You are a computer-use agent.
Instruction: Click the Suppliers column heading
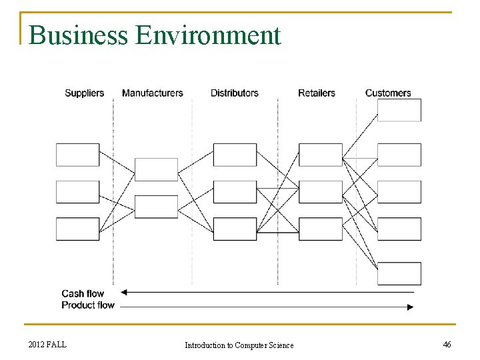click(x=84, y=93)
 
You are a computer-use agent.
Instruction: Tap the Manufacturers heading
click(x=152, y=93)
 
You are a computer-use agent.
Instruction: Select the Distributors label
click(x=234, y=93)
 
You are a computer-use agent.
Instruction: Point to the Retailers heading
click(x=316, y=93)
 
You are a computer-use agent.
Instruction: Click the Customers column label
click(x=388, y=93)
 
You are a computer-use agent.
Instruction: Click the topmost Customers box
click(x=399, y=110)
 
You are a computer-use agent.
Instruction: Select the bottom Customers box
click(x=399, y=273)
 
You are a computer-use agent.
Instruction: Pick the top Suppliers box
click(x=77, y=155)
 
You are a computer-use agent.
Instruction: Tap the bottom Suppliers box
click(x=77, y=229)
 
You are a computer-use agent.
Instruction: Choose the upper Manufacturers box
click(x=156, y=169)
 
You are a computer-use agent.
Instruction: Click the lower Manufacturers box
click(x=156, y=207)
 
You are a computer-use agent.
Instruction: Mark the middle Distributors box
click(x=235, y=192)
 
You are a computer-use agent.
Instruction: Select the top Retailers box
click(x=320, y=155)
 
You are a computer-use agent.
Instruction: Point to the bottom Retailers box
click(x=320, y=229)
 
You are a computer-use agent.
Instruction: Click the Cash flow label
click(x=83, y=293)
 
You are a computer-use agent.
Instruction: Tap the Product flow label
click(x=88, y=305)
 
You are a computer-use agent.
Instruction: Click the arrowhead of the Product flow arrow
click(x=410, y=307)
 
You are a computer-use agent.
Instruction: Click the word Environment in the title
click(x=208, y=35)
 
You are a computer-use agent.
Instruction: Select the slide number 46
click(x=447, y=344)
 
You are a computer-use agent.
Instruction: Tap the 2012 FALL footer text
click(x=47, y=344)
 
